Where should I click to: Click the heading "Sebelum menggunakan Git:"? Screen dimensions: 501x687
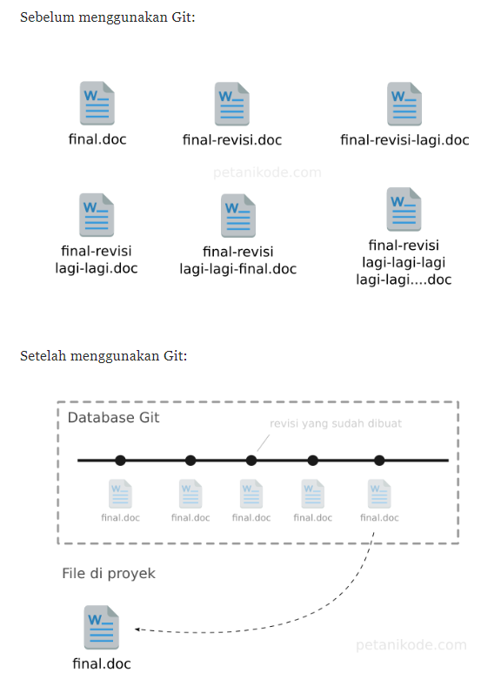coord(108,17)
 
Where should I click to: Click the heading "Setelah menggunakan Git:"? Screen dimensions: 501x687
coord(104,356)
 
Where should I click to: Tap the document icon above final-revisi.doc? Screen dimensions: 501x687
coord(232,104)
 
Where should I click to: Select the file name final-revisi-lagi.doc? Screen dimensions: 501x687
coord(404,140)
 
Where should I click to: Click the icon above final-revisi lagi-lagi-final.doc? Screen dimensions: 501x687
coord(238,216)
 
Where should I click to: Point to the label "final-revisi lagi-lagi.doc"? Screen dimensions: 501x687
coord(97,259)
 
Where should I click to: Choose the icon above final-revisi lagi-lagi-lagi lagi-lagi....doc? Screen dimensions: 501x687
coord(404,209)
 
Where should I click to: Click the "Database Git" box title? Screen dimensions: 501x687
coord(113,418)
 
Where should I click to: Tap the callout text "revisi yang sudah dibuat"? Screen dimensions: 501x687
coord(336,423)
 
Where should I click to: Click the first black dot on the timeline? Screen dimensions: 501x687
coord(120,461)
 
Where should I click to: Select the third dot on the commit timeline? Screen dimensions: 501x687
coord(251,461)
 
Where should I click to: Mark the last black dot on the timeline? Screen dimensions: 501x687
coord(379,461)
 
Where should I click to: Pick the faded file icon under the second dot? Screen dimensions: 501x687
coord(190,495)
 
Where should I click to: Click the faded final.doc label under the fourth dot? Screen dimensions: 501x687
coord(313,518)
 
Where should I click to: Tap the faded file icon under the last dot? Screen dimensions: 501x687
coord(379,495)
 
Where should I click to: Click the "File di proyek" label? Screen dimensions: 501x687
coord(109,574)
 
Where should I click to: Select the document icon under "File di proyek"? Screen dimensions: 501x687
coord(101,628)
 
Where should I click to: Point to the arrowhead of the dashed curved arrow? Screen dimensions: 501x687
coord(137,630)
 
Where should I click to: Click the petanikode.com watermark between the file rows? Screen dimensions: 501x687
coord(267,172)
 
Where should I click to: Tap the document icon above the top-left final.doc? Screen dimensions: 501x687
coord(97,103)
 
